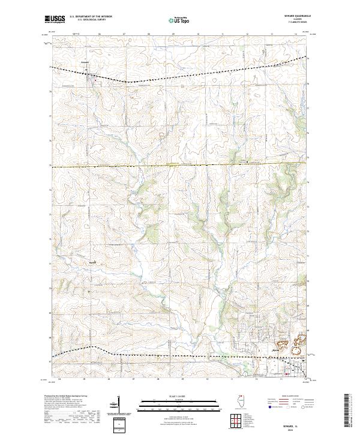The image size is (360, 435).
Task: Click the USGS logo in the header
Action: (55, 19)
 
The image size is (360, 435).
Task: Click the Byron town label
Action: (276, 350)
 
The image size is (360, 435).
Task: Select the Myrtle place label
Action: (92, 262)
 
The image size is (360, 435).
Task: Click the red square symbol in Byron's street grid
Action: (287, 376)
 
